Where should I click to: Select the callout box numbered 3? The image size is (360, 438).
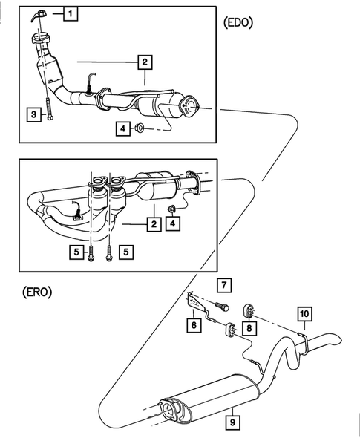(x=33, y=114)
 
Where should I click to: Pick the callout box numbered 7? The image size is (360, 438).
(x=224, y=284)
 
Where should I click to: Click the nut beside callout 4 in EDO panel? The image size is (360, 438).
(x=139, y=129)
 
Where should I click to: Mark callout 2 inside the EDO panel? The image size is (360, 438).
(x=144, y=62)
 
